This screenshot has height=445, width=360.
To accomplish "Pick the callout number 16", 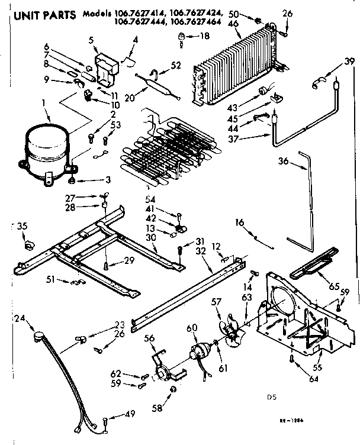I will click(x=239, y=222).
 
